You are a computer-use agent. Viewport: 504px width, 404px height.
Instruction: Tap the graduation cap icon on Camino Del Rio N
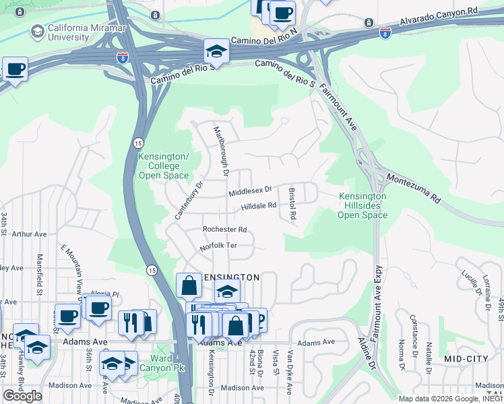click(216, 50)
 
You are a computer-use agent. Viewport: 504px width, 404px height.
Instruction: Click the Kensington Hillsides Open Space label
click(362, 205)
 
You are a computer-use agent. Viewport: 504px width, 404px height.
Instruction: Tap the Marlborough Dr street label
click(221, 151)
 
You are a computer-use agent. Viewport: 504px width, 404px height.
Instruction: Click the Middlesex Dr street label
click(250, 192)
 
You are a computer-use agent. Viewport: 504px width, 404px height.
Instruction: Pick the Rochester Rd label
click(225, 229)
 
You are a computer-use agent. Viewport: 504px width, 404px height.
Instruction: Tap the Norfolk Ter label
click(219, 246)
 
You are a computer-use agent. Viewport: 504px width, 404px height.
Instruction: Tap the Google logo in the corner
click(23, 395)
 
